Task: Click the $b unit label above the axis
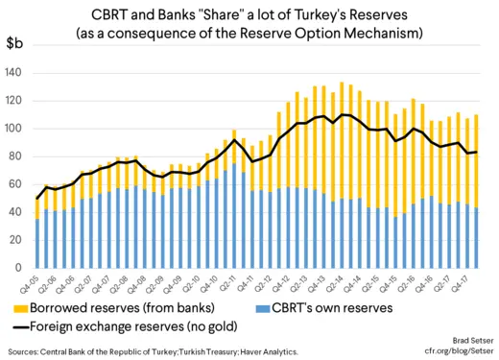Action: coord(16,45)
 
